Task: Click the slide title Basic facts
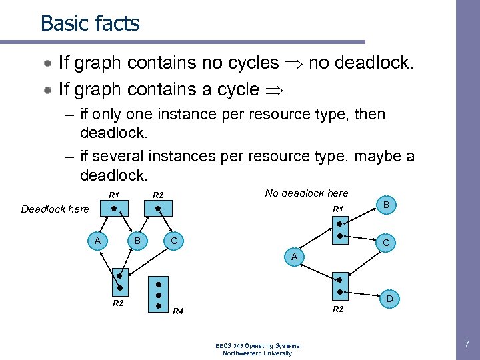pyautogui.click(x=90, y=23)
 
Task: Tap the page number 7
pyautogui.click(x=467, y=344)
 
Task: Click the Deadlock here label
pyautogui.click(x=55, y=209)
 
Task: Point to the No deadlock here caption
pyautogui.click(x=306, y=193)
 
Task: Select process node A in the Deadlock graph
pyautogui.click(x=98, y=240)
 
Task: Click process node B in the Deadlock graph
pyautogui.click(x=137, y=240)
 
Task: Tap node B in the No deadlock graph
pyautogui.click(x=387, y=205)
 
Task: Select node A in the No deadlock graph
pyautogui.click(x=293, y=257)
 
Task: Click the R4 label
pyautogui.click(x=178, y=311)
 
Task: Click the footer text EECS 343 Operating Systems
pyautogui.click(x=257, y=345)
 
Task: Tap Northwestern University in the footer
pyautogui.click(x=257, y=353)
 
